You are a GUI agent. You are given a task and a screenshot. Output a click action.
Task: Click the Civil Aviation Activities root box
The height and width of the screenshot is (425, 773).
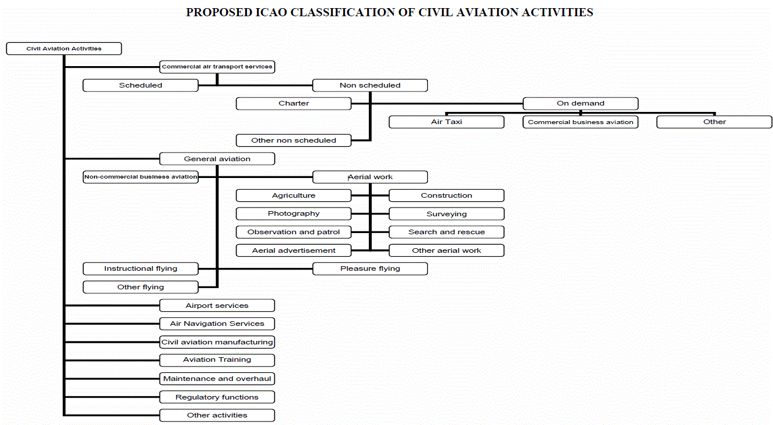pyautogui.click(x=64, y=49)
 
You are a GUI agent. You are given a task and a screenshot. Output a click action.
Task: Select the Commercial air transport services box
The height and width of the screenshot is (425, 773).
pyautogui.click(x=217, y=67)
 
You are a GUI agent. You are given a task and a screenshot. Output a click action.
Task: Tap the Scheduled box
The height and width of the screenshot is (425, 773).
pyautogui.click(x=140, y=85)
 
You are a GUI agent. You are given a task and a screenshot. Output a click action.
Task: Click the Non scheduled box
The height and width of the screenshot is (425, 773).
pyautogui.click(x=370, y=85)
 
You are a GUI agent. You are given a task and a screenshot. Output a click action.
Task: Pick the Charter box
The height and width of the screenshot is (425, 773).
pyautogui.click(x=293, y=103)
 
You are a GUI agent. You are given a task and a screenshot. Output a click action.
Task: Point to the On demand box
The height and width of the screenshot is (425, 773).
pyautogui.click(x=580, y=103)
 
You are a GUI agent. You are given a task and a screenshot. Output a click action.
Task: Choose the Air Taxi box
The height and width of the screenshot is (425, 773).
pyautogui.click(x=447, y=122)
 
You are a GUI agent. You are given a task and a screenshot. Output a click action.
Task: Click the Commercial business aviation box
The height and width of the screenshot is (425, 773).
pyautogui.click(x=580, y=122)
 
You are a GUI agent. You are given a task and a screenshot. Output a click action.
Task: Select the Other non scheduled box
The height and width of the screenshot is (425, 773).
pyautogui.click(x=293, y=140)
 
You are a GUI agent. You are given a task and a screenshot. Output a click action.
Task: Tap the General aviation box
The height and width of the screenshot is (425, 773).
pyautogui.click(x=217, y=159)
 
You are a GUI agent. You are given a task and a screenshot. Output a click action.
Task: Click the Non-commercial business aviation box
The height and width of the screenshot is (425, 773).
pyautogui.click(x=140, y=177)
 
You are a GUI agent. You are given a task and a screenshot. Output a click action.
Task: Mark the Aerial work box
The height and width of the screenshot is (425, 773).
pyautogui.click(x=370, y=177)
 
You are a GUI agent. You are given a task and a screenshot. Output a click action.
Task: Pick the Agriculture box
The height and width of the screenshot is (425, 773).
pyautogui.click(x=293, y=195)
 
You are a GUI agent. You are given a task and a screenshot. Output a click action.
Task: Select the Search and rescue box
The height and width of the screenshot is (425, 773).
pyautogui.click(x=447, y=232)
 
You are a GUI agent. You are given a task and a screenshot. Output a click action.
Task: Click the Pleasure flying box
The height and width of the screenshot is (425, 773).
pyautogui.click(x=370, y=268)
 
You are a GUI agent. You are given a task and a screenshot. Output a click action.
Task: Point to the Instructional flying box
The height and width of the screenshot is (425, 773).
pyautogui.click(x=140, y=268)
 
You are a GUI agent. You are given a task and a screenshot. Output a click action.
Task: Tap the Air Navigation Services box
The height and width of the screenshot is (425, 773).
pyautogui.click(x=217, y=324)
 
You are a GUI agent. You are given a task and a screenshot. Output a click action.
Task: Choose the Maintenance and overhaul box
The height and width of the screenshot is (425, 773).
pyautogui.click(x=217, y=379)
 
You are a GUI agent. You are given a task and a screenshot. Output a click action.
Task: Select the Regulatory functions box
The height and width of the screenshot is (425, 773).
pyautogui.click(x=217, y=397)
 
